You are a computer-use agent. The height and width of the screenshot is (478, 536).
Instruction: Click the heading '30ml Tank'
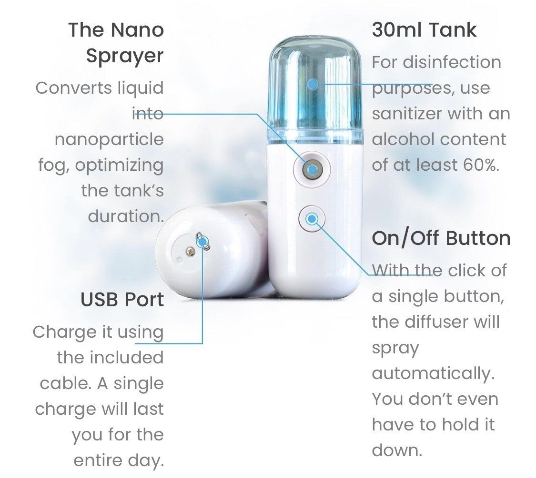pyautogui.click(x=424, y=29)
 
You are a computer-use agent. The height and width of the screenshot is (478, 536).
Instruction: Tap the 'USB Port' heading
pyautogui.click(x=122, y=300)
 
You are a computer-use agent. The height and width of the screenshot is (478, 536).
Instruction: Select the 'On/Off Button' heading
pyautogui.click(x=441, y=238)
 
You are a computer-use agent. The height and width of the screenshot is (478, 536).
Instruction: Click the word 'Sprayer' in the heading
pyautogui.click(x=125, y=56)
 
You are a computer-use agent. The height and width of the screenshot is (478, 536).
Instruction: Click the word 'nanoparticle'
pyautogui.click(x=109, y=139)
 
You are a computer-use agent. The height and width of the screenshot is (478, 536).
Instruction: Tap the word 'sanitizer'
pyautogui.click(x=407, y=114)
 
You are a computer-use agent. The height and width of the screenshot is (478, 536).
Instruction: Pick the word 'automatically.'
pyautogui.click(x=434, y=373)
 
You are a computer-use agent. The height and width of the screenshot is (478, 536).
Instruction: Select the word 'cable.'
pyautogui.click(x=65, y=383)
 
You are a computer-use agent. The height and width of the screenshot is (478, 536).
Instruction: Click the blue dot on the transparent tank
pyautogui.click(x=312, y=84)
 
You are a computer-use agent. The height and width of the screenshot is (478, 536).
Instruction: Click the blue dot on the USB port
pyautogui.click(x=202, y=242)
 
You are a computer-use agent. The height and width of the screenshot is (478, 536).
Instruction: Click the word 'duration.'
pyautogui.click(x=126, y=216)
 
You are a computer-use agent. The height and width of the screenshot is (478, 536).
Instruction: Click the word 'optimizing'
pyautogui.click(x=119, y=166)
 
